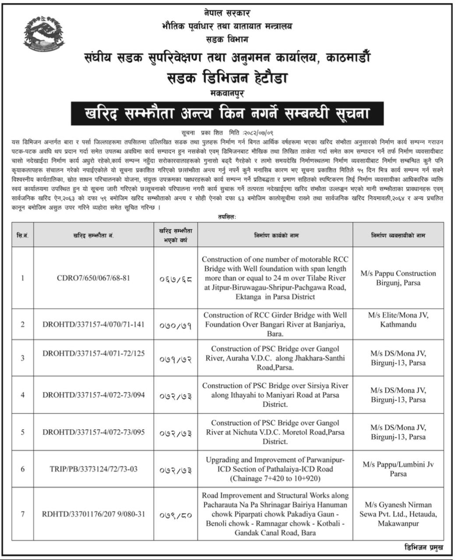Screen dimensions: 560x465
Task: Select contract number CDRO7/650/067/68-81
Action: [93, 278]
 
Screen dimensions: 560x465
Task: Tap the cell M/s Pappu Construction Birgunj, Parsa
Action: [398, 278]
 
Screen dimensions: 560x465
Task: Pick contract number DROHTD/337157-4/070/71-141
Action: [93, 325]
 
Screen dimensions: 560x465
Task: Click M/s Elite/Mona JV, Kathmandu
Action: [398, 320]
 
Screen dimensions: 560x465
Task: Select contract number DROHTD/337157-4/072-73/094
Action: [93, 395]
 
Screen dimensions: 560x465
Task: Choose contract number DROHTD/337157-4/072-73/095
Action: [93, 432]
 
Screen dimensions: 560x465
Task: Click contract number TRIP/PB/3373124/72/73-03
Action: [93, 469]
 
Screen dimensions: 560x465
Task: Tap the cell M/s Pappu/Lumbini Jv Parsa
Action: [398, 469]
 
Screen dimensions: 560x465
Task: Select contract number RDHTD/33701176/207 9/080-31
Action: [93, 514]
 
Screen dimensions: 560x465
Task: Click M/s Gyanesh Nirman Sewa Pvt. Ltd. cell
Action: [398, 514]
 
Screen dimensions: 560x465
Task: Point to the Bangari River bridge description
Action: [275, 324]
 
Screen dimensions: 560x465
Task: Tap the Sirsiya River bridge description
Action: [275, 395]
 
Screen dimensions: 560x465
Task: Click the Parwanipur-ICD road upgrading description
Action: [275, 469]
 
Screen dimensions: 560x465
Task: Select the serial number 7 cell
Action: [22, 514]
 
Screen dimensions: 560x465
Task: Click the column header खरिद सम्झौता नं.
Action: [93, 235]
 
